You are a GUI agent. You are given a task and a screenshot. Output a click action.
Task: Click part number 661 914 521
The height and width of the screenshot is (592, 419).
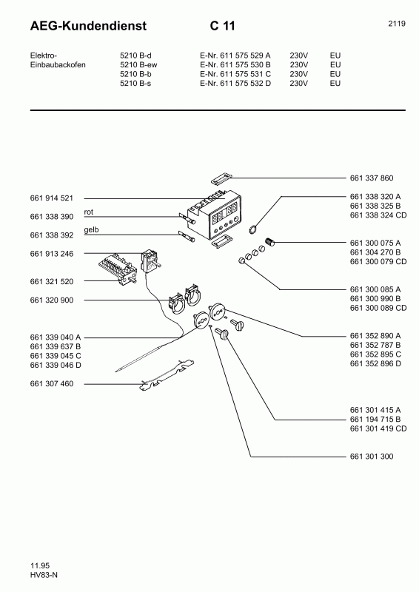[52, 199]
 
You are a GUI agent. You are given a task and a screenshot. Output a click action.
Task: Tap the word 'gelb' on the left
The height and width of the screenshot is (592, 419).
[91, 230]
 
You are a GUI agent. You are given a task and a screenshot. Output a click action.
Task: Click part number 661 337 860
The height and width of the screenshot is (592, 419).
[371, 178]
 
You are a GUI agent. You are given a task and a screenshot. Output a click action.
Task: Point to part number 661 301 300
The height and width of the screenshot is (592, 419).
[371, 457]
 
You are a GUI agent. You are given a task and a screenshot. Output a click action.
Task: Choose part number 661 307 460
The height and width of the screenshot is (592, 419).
[52, 384]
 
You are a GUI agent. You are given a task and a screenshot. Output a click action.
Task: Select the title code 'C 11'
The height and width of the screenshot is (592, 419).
[222, 27]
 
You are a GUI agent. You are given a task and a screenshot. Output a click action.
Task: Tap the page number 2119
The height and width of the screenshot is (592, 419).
[396, 24]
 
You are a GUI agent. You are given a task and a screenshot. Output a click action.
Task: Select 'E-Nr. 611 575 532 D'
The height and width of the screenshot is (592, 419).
[235, 84]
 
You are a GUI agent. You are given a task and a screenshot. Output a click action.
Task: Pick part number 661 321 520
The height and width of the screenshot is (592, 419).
[52, 282]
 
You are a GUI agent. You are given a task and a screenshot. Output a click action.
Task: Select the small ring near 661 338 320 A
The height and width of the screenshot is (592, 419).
[253, 229]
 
